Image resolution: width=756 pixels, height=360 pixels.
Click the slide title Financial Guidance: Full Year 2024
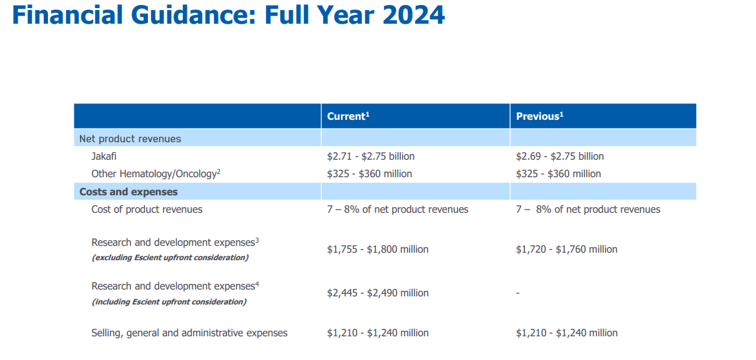(228, 15)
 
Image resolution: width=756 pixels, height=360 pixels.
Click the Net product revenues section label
(130, 139)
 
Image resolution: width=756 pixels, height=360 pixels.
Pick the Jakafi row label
(104, 156)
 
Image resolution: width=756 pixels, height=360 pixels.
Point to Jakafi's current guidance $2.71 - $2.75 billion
(371, 156)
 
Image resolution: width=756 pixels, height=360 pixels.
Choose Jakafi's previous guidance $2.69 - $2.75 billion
(560, 156)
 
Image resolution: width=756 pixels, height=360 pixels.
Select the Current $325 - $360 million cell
(370, 173)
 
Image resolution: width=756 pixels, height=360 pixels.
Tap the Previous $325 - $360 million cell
(559, 173)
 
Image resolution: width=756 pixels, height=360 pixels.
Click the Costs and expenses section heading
(129, 192)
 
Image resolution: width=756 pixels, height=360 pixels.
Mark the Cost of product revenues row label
(147, 210)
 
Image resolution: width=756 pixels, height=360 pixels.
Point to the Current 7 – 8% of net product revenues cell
(398, 210)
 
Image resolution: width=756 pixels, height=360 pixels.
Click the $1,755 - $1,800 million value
(378, 249)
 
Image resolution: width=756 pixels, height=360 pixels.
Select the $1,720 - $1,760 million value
(566, 249)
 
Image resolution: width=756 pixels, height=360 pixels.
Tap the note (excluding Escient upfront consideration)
(170, 258)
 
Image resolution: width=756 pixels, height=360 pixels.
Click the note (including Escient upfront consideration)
(169, 302)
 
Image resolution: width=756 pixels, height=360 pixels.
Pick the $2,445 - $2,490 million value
(378, 293)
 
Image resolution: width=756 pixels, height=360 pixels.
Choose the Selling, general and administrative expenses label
(190, 333)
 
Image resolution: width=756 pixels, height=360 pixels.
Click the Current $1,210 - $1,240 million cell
(378, 333)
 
